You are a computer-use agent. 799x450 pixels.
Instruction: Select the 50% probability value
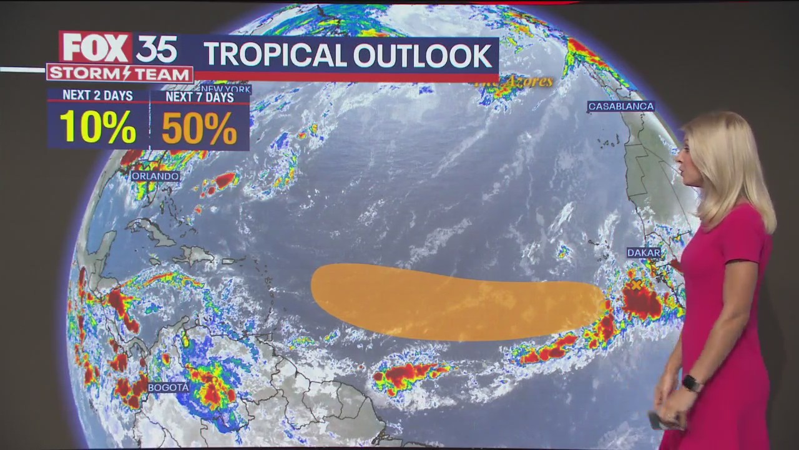click(199, 127)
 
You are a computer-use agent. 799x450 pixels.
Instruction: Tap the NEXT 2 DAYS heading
click(97, 96)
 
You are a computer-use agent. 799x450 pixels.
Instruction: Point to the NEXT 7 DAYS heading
click(200, 97)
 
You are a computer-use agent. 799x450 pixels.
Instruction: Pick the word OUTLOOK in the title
click(423, 56)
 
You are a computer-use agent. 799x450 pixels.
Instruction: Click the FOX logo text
click(96, 47)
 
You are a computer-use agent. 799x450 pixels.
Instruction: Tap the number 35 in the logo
click(156, 48)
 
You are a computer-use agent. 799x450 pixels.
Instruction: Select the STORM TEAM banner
click(120, 74)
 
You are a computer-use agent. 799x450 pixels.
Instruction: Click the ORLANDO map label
click(155, 176)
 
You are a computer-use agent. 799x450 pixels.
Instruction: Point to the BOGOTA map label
click(169, 387)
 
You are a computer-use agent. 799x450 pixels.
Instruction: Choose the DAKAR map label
click(644, 252)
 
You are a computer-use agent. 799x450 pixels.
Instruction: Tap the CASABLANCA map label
click(620, 106)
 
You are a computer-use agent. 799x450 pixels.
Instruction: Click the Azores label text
click(514, 82)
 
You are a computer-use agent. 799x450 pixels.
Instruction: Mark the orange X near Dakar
click(636, 285)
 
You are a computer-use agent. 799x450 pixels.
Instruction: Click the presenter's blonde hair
click(733, 162)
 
